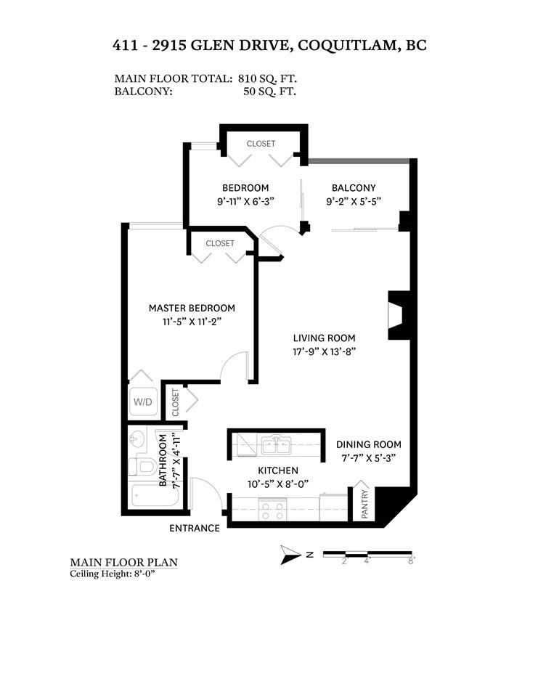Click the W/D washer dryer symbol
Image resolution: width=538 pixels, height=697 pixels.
click(x=141, y=400)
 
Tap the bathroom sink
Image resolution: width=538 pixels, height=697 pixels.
click(x=139, y=439)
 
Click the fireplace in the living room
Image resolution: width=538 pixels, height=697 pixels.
click(x=396, y=316)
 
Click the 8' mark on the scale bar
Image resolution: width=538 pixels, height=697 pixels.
click(x=410, y=561)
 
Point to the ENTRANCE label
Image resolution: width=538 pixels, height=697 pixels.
click(x=195, y=528)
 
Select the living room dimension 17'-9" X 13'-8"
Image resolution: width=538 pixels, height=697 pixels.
click(x=324, y=351)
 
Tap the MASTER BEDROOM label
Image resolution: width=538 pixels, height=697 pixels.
click(x=192, y=308)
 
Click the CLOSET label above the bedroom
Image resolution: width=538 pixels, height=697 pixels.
click(x=261, y=144)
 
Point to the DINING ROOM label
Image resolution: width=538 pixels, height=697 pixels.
click(x=368, y=444)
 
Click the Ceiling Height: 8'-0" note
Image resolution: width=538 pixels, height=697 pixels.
click(x=113, y=574)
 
